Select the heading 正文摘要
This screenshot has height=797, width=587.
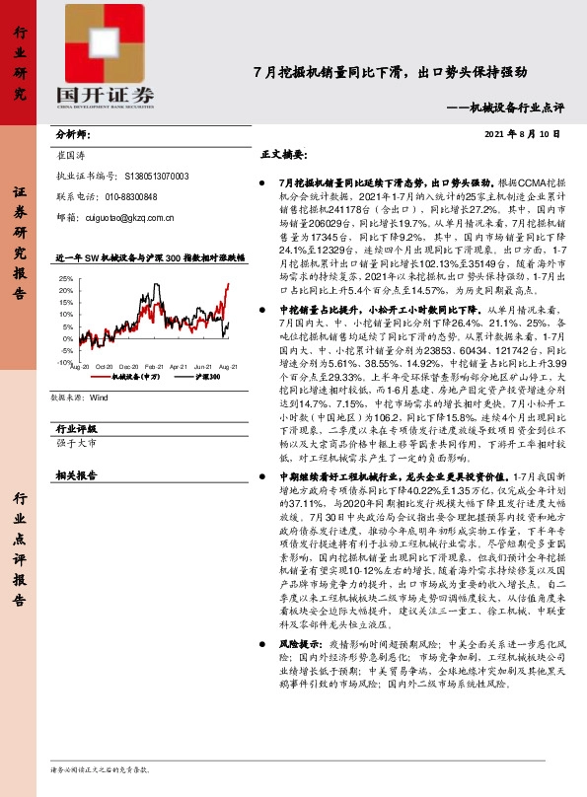click(283, 156)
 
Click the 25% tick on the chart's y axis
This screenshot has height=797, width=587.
click(65, 279)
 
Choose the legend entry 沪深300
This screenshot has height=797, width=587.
click(205, 348)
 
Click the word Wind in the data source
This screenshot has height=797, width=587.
click(99, 372)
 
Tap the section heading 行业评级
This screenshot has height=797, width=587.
click(75, 401)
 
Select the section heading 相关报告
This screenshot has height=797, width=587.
click(75, 447)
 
